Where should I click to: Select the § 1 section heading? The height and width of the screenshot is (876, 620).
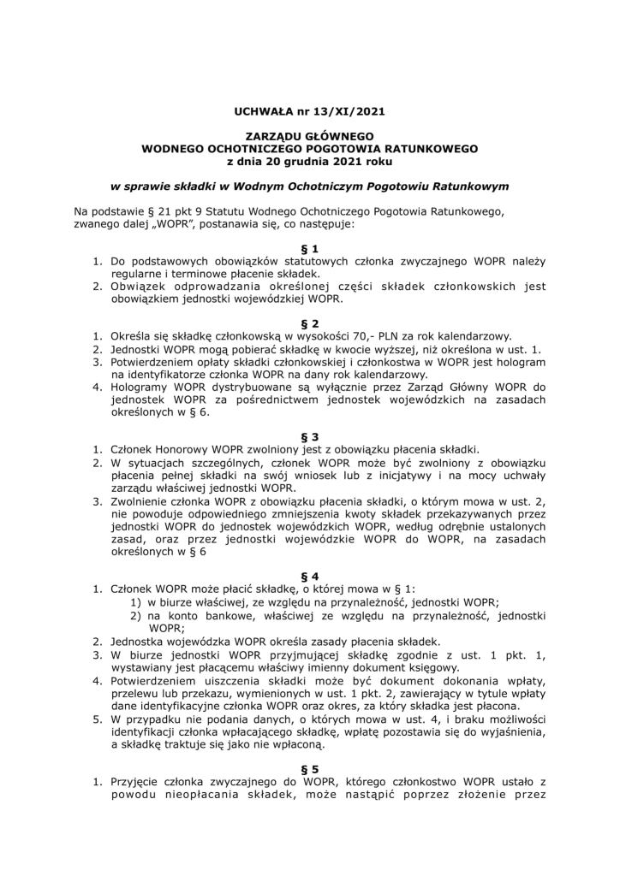309,246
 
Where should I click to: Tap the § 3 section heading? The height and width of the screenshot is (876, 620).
309,435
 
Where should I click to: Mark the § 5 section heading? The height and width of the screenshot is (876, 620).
309,767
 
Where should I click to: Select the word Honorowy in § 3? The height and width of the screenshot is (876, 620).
182,450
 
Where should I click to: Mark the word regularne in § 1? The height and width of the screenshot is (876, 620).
135,272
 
